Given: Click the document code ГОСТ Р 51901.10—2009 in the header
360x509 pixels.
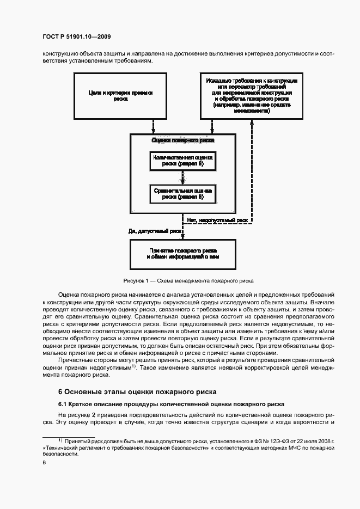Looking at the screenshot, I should [x=77, y=37].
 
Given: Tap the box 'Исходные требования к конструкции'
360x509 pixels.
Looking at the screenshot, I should [x=251, y=96].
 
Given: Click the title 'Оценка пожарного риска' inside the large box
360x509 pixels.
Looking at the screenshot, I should [x=182, y=140].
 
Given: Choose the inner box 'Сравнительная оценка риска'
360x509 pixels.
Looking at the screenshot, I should [x=182, y=193].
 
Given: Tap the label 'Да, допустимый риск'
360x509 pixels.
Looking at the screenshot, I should [x=154, y=231].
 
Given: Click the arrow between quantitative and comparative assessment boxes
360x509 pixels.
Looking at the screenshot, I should [x=182, y=177].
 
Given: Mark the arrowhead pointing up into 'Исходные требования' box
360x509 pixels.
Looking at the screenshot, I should [x=252, y=122].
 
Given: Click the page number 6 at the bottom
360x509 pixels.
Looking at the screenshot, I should [x=44, y=462].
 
